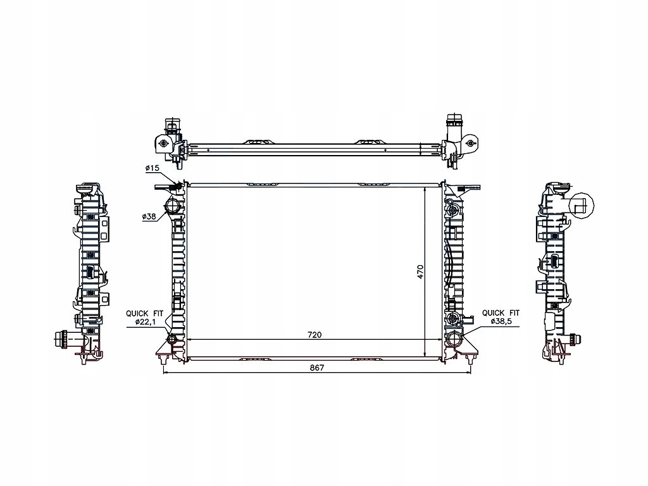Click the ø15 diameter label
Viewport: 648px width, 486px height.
click(152, 168)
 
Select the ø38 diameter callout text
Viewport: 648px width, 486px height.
click(149, 217)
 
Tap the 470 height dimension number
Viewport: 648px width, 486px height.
click(420, 271)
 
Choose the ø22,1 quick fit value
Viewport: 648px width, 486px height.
click(146, 323)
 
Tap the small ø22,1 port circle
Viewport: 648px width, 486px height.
click(172, 342)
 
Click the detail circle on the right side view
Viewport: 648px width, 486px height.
click(582, 205)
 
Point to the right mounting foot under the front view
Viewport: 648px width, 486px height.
click(469, 360)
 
